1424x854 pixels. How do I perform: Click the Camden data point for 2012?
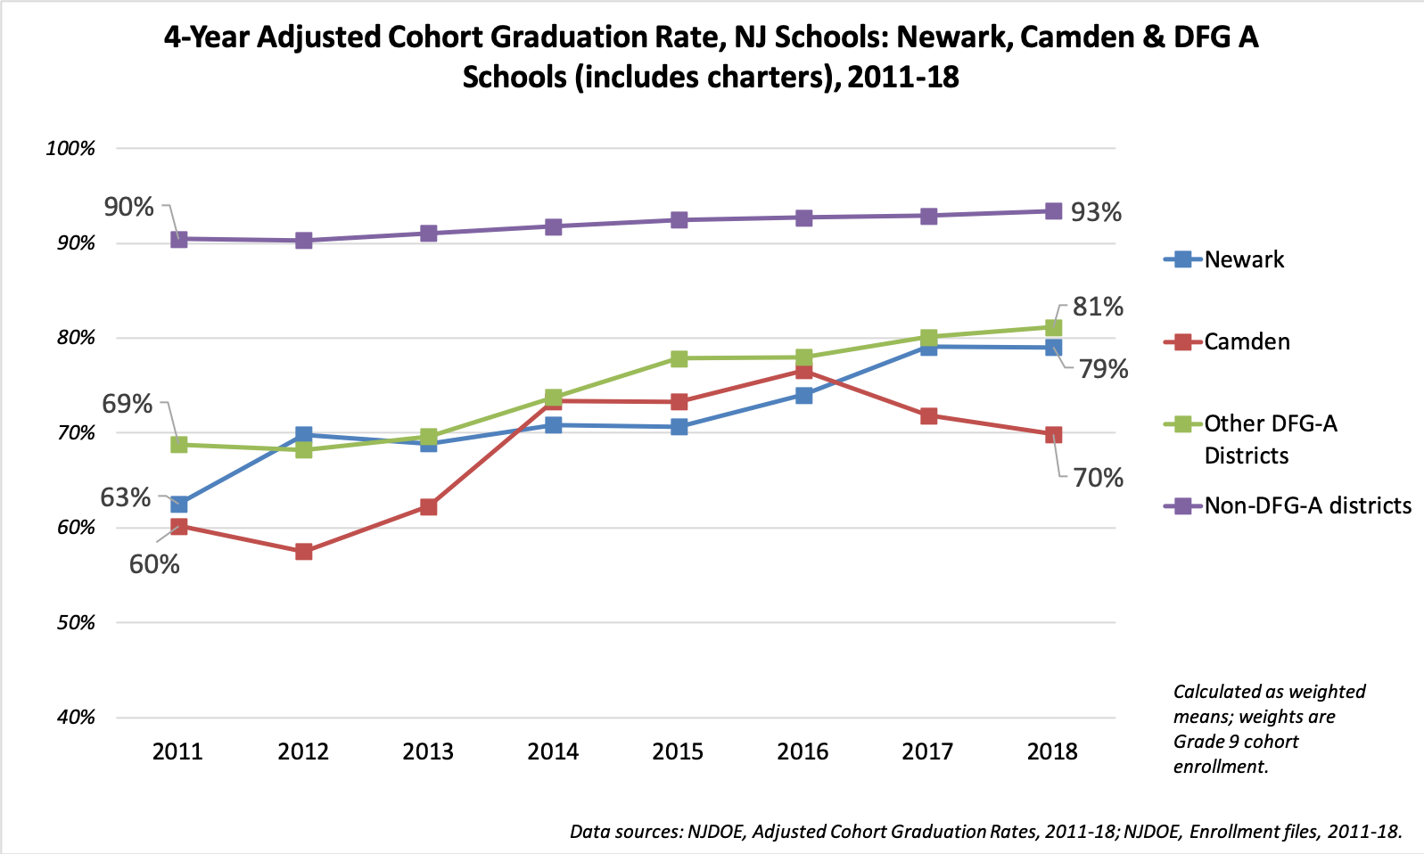tap(303, 552)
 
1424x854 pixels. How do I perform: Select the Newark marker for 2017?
tap(928, 347)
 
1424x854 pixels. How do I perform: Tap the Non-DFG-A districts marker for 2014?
tap(553, 226)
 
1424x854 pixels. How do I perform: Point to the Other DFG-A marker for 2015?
tap(679, 358)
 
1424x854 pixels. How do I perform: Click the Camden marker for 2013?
tap(428, 507)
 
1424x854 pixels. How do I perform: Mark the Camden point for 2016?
tap(803, 371)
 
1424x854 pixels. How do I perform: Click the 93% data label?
tap(1096, 212)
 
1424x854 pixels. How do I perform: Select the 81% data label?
tap(1098, 307)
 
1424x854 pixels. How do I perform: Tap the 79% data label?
tap(1103, 369)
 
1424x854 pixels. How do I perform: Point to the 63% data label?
tap(126, 497)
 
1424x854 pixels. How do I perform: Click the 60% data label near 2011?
tap(154, 564)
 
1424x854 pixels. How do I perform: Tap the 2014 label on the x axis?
tap(553, 751)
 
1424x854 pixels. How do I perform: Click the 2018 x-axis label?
tap(1052, 751)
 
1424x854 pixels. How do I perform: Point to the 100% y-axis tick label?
tap(70, 149)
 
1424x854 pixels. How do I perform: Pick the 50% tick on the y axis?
tap(76, 622)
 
